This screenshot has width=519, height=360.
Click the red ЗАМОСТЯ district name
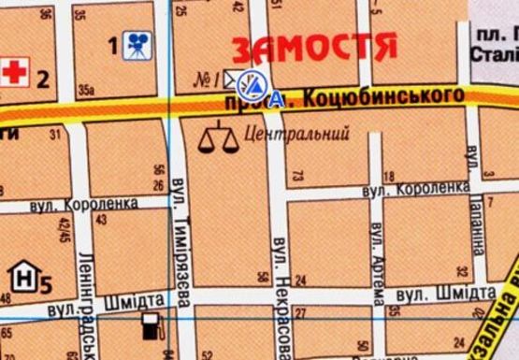click(x=314, y=48)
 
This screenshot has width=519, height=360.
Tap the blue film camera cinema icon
click(x=137, y=46)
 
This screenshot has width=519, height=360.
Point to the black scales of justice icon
click(x=217, y=137)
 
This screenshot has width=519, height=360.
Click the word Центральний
click(x=289, y=135)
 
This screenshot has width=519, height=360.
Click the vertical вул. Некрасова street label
click(x=279, y=280)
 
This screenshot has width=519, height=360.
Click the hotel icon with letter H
click(x=22, y=276)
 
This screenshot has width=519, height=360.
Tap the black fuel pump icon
click(x=149, y=326)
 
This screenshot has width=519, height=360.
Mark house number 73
click(x=298, y=174)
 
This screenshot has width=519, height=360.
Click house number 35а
click(x=86, y=91)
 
